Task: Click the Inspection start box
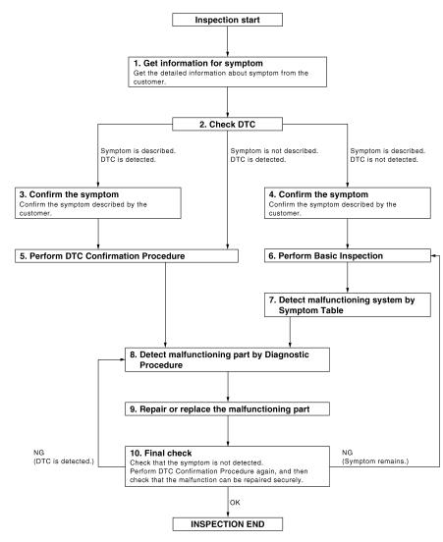[227, 20]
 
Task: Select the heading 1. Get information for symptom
[198, 63]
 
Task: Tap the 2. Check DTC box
[227, 124]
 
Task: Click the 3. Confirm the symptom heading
[69, 194]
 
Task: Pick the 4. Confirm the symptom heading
[318, 194]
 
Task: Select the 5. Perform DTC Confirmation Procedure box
[127, 256]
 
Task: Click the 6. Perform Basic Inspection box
[348, 256]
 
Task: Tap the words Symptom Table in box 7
[311, 310]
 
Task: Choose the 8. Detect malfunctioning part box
[227, 359]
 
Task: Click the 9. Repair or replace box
[227, 408]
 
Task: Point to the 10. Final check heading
[161, 453]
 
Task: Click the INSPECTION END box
[228, 524]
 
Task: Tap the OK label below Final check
[235, 503]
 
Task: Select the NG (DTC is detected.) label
[64, 457]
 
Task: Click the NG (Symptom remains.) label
[375, 457]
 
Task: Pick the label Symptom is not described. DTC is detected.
[274, 155]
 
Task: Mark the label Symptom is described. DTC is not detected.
[388, 155]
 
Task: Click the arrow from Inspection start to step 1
[227, 41]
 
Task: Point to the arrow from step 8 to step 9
[228, 387]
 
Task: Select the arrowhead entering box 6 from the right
[433, 256]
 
